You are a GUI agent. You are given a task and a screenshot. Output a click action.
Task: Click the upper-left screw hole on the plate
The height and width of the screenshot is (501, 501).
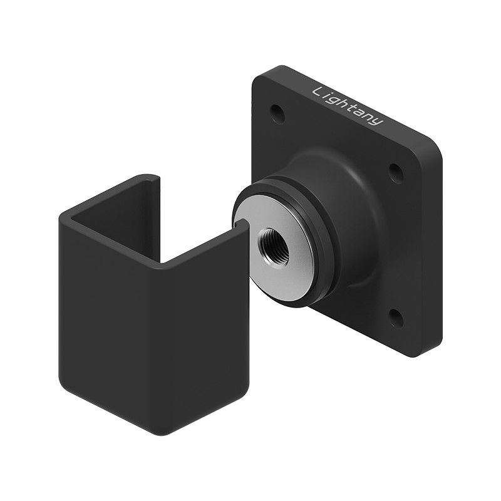[277, 113]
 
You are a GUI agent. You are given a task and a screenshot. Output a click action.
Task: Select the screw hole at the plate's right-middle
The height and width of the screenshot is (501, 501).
[396, 173]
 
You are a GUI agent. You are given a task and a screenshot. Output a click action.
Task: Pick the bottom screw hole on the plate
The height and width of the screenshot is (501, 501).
[396, 318]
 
